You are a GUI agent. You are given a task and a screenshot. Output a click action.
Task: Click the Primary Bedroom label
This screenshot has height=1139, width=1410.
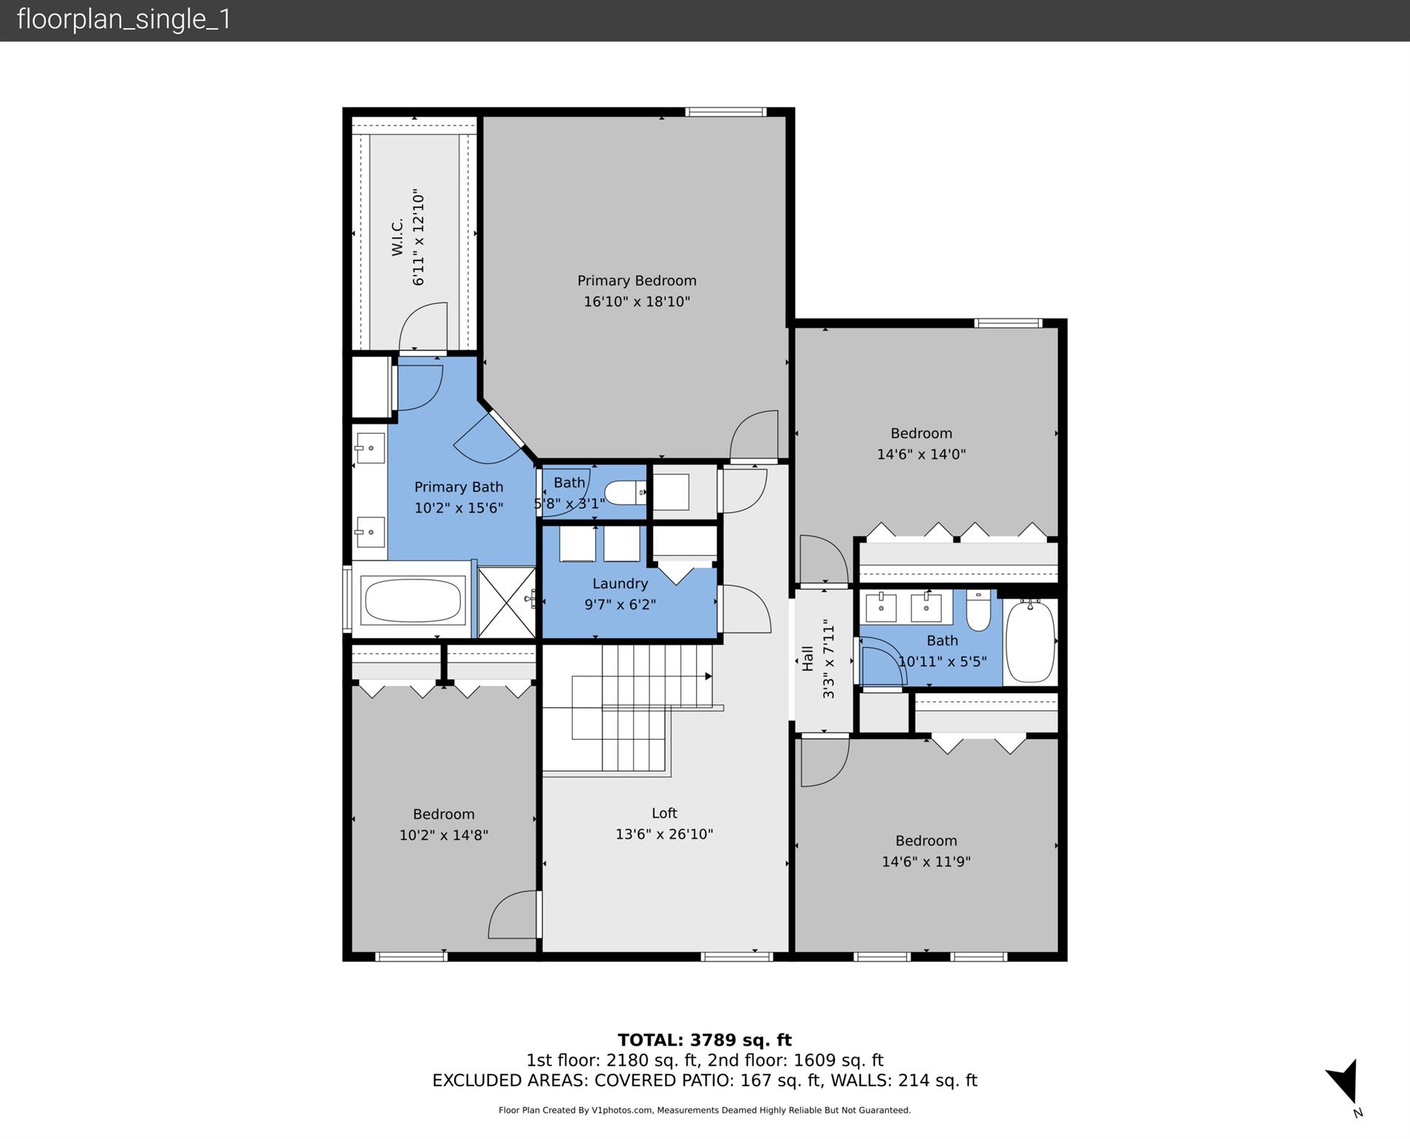click(637, 280)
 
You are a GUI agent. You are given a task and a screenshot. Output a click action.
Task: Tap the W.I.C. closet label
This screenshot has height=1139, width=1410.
click(398, 237)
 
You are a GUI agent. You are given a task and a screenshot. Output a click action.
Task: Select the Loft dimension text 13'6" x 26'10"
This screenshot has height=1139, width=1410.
click(664, 834)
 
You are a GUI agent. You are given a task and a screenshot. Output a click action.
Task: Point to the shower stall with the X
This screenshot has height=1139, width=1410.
click(506, 603)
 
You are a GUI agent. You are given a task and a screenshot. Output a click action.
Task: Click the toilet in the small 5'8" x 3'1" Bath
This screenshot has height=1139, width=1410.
click(624, 493)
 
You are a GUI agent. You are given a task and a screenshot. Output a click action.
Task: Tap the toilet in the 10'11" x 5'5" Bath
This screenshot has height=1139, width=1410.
click(978, 611)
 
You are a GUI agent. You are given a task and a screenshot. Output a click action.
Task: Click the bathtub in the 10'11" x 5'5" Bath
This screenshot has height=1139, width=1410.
click(1030, 640)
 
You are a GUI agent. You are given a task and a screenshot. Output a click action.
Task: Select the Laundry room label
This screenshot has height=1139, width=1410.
click(620, 584)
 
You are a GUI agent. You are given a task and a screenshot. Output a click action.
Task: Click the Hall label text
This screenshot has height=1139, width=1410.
click(807, 658)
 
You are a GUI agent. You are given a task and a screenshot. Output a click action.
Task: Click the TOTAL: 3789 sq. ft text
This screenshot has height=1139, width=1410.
click(704, 1040)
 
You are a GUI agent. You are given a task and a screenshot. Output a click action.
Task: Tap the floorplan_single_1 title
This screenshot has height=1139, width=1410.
click(124, 19)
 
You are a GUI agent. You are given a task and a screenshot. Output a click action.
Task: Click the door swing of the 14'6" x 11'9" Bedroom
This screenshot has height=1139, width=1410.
click(824, 763)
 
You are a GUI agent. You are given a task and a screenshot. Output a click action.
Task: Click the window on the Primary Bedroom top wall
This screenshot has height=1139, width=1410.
click(725, 112)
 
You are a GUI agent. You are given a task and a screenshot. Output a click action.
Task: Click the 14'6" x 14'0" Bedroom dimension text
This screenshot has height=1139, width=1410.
click(921, 454)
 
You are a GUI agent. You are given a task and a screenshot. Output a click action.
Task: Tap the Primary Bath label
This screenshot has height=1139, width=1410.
click(459, 487)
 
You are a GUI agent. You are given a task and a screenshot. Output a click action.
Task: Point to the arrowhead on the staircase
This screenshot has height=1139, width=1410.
click(708, 676)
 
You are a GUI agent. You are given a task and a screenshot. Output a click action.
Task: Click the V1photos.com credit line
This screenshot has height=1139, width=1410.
click(704, 1110)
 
